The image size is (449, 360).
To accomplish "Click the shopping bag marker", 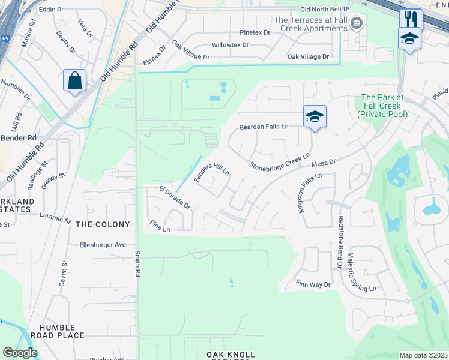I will (x=75, y=80).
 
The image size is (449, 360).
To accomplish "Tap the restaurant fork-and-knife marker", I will (x=411, y=19).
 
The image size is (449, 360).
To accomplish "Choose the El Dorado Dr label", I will (x=175, y=198).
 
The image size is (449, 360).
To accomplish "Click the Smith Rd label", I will (x=137, y=265).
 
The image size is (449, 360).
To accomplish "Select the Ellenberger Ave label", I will (x=103, y=245).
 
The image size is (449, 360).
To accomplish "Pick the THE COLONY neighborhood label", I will (x=103, y=224).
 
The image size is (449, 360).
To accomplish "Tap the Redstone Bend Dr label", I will (x=340, y=242).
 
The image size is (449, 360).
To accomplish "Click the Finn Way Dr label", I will (x=313, y=284).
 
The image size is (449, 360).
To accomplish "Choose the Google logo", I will (x=20, y=353).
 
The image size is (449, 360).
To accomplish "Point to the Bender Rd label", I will (x=19, y=138).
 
